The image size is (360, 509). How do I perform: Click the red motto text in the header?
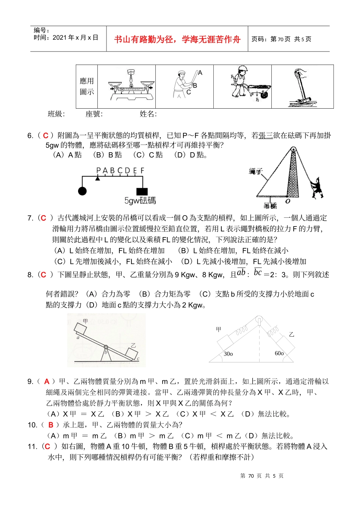tap(177, 39)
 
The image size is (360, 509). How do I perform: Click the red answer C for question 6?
tap(45, 136)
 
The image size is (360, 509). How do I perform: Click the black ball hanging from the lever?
tap(82, 191)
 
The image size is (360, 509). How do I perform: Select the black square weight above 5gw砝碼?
tap(142, 191)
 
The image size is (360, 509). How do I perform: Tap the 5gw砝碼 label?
tap(140, 201)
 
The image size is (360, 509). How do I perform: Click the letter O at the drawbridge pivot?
tap(288, 201)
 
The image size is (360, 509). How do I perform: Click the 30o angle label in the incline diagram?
tap(228, 354)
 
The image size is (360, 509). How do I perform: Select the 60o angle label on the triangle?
tap(279, 353)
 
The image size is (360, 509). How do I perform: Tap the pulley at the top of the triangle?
tap(260, 320)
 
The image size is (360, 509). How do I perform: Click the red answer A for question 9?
tap(47, 382)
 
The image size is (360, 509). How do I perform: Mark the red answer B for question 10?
tap(50, 425)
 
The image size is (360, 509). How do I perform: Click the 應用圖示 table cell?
tap(87, 87)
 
